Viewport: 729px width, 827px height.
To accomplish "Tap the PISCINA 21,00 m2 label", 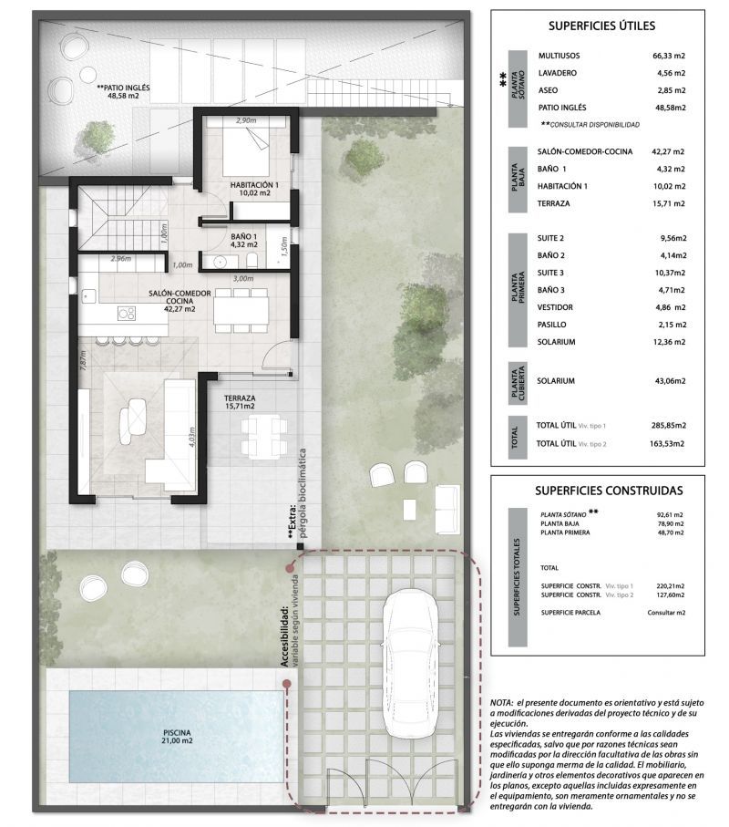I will coord(178,736).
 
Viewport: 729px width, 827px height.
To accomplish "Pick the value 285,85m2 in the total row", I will coord(666,425).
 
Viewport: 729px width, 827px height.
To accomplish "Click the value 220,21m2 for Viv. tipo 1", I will coord(667,584).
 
